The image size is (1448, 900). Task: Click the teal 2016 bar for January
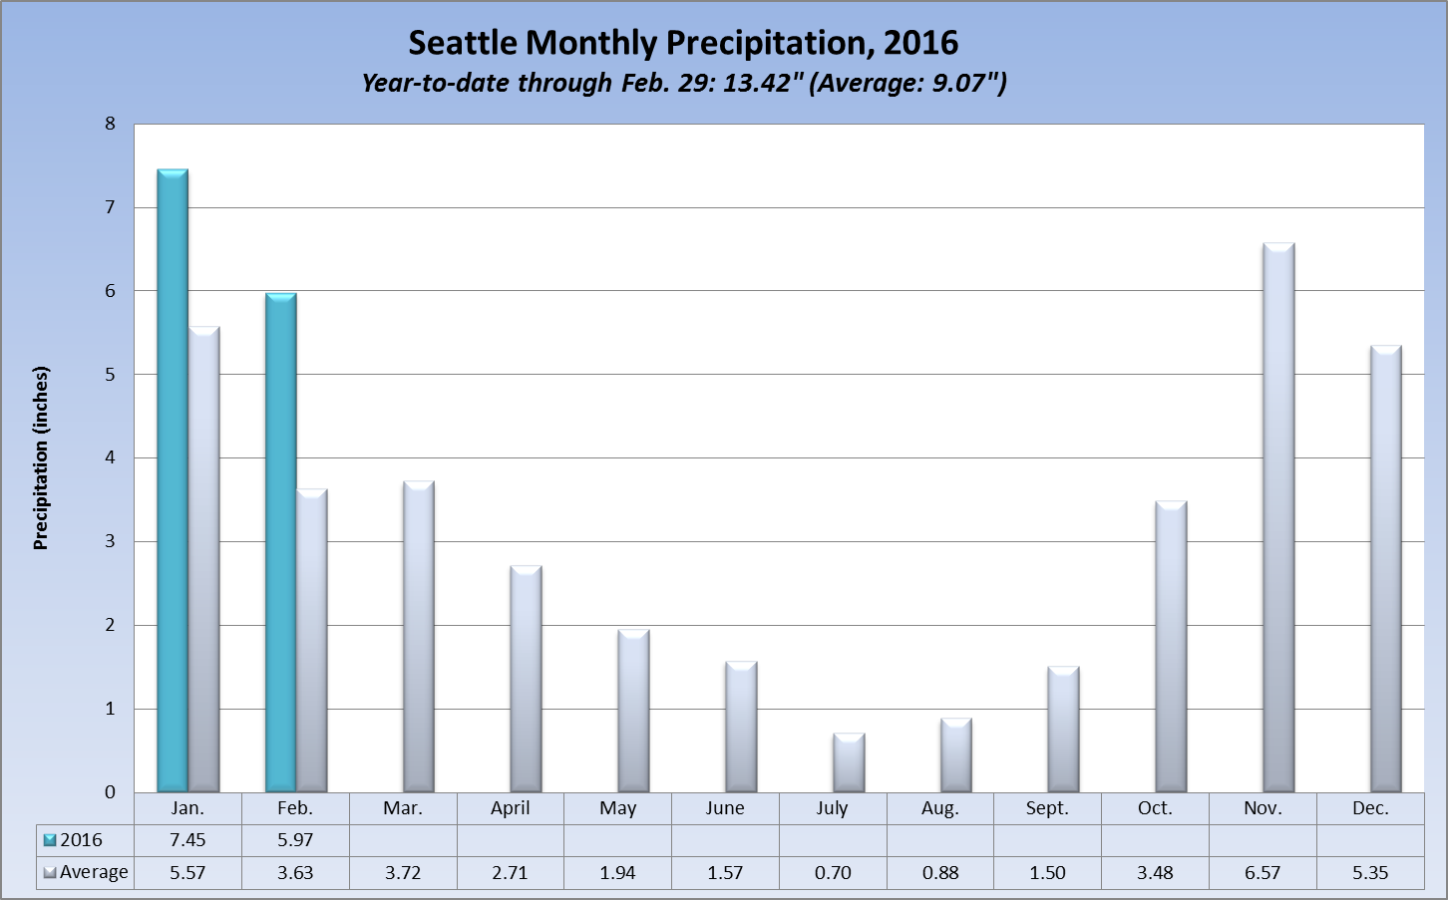[173, 481]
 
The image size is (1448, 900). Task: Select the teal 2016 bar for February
[280, 543]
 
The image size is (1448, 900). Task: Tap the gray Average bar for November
[1278, 518]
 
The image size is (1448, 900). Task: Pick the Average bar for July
[849, 763]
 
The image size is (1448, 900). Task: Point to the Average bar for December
[1386, 569]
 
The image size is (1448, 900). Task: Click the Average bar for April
[526, 680]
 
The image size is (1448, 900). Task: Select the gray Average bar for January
[204, 560]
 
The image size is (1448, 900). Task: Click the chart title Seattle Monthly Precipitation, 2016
[683, 43]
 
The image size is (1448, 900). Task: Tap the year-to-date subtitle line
[683, 83]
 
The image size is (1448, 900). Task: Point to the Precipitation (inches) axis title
[41, 458]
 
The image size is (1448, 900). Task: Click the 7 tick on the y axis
[111, 207]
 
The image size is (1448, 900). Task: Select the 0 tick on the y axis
[111, 792]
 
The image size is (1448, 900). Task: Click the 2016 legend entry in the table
[74, 840]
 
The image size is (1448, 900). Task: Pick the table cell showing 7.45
[187, 840]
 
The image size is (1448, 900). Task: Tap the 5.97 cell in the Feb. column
[295, 840]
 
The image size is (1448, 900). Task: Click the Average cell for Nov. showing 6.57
[1263, 872]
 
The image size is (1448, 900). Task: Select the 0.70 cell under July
[833, 872]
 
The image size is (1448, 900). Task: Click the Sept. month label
[1047, 808]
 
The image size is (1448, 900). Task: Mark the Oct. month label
[1155, 808]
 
